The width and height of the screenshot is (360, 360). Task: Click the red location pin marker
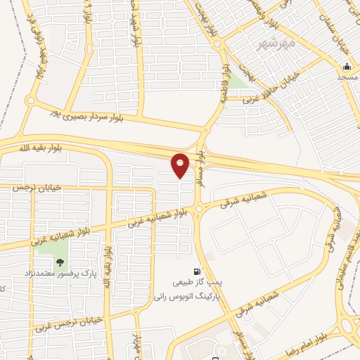pyautogui.click(x=181, y=165)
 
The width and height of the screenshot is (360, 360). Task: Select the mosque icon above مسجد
pyautogui.click(x=346, y=68)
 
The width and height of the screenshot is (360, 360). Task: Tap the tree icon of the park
pyautogui.click(x=60, y=262)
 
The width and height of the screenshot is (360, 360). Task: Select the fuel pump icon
pyautogui.click(x=196, y=271)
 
